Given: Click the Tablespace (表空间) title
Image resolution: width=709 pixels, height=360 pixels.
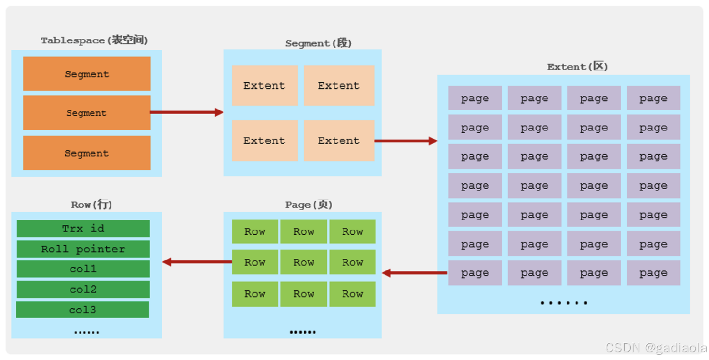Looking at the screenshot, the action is [x=94, y=40].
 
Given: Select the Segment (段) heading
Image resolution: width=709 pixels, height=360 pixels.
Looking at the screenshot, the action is [x=318, y=43].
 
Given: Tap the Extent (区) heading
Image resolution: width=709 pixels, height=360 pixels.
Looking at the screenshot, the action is [x=577, y=67].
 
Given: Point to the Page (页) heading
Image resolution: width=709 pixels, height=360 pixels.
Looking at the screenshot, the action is [x=309, y=204].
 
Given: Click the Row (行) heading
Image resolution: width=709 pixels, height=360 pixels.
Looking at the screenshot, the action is [x=91, y=204].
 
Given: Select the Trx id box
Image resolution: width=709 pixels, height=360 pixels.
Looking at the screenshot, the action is [x=83, y=229].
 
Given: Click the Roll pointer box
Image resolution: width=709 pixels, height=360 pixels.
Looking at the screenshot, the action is [x=83, y=249].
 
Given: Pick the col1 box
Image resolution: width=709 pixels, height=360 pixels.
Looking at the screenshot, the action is [x=83, y=269].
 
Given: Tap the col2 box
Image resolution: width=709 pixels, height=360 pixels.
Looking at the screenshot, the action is [x=83, y=290].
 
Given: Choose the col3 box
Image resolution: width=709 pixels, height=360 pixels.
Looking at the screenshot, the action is [x=82, y=310].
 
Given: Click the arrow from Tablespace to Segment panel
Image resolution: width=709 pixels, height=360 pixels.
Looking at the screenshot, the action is [x=187, y=112].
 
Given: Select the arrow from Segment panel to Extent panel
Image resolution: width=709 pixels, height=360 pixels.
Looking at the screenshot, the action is [x=406, y=141].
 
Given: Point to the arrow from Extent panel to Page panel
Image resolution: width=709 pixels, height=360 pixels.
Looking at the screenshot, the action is [x=415, y=273].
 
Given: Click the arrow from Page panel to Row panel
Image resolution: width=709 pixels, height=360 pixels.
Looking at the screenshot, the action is [x=197, y=262].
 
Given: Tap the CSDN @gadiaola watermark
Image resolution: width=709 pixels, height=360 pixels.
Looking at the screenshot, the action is [x=656, y=348].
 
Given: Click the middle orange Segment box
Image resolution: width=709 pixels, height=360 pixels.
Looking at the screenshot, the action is [x=87, y=113].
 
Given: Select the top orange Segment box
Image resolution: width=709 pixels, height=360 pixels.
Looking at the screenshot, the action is [x=87, y=74].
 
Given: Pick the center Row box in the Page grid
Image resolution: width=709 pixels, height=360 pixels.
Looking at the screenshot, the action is [x=304, y=262].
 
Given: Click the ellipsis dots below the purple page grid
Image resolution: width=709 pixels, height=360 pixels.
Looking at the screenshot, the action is [x=564, y=303].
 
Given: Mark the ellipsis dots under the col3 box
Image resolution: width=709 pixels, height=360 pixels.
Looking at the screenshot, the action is [x=86, y=332].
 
